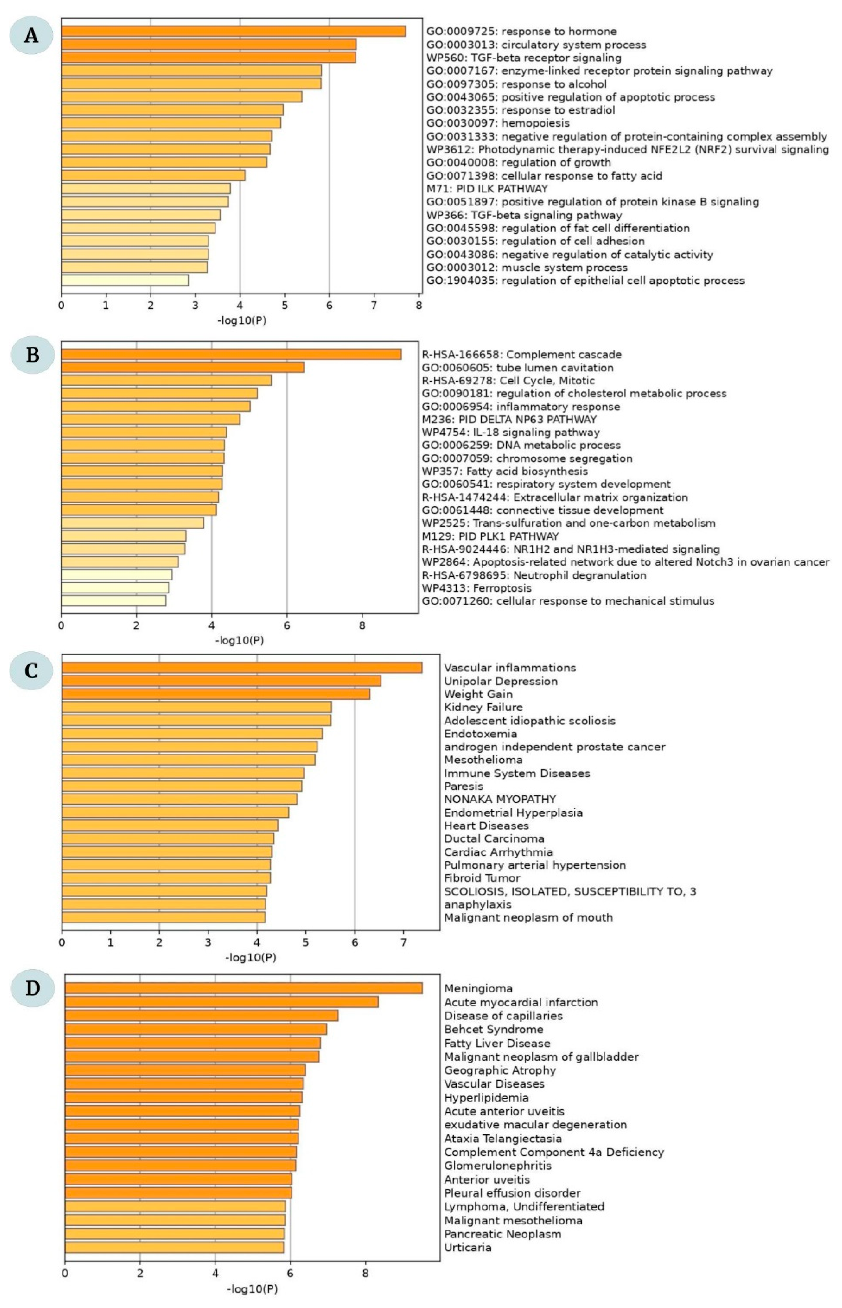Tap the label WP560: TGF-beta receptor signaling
click(x=524, y=58)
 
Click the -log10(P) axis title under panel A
click(x=242, y=320)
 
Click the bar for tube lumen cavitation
click(x=183, y=368)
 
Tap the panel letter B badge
click(x=32, y=355)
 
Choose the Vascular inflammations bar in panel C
click(x=242, y=667)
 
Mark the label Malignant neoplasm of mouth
click(x=528, y=918)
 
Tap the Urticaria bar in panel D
click(x=174, y=1247)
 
